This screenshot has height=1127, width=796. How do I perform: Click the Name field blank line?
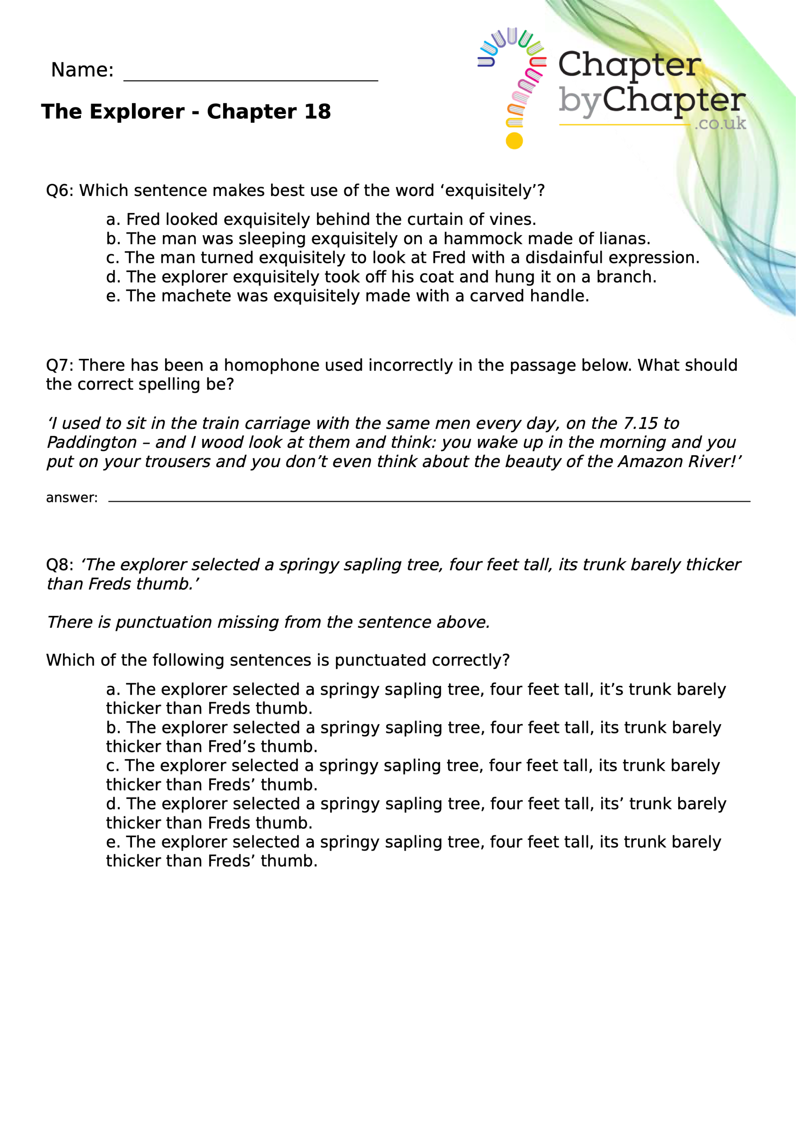(x=250, y=78)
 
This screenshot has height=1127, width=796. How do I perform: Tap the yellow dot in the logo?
(x=514, y=141)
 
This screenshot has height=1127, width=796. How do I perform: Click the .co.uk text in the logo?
(x=720, y=123)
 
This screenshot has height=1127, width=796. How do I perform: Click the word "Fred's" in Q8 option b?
(x=231, y=747)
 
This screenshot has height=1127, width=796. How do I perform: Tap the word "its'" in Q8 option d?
(x=612, y=804)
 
